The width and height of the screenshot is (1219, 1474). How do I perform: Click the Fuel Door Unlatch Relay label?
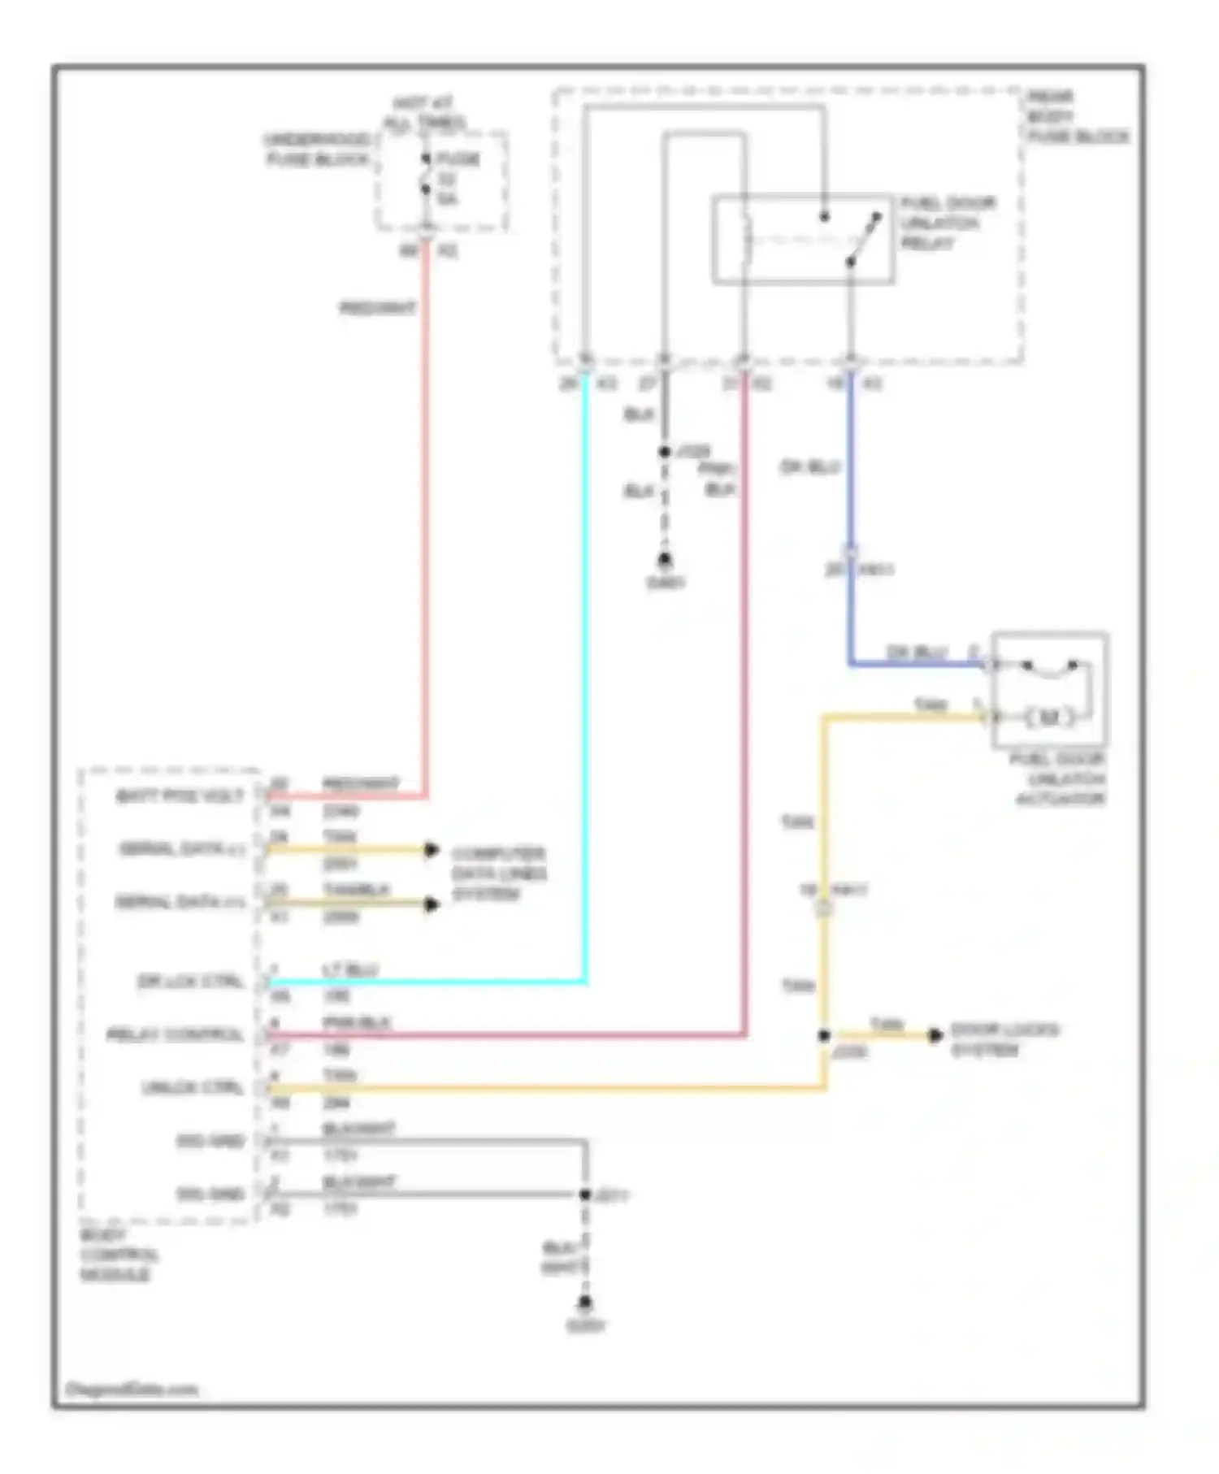coord(946,223)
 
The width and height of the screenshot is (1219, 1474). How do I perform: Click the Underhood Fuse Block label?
coord(317,150)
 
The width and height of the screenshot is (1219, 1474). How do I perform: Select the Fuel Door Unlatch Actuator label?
coord(1059,778)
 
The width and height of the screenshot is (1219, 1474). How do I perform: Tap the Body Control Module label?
coord(118,1255)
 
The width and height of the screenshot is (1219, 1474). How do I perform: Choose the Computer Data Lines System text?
coord(498,874)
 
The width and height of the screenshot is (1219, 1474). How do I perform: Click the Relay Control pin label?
coord(175,1034)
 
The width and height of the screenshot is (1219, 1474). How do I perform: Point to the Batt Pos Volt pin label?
coord(180,796)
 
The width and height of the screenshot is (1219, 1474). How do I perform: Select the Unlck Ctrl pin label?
coord(193,1087)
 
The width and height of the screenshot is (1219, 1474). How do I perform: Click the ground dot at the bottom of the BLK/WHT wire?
coord(584,1303)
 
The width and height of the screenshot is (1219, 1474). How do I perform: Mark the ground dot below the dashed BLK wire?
coord(665,560)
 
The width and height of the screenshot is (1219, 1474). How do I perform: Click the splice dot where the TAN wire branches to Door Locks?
coord(824,1035)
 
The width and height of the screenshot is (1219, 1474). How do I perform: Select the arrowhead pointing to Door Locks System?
coord(935,1034)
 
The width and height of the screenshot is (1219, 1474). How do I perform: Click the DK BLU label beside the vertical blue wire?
coord(809,467)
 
